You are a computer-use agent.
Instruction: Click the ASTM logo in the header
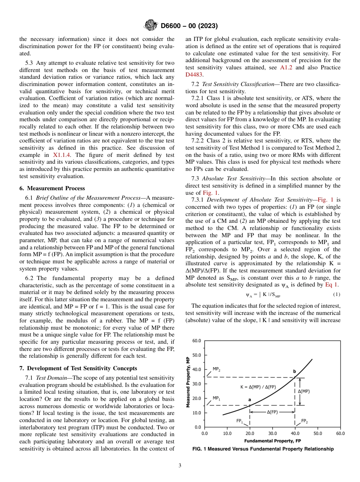151,26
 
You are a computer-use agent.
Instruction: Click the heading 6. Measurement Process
52,188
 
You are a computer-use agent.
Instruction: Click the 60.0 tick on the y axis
197,341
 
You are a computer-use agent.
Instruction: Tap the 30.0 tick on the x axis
272,433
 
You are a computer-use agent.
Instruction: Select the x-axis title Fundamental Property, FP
272,441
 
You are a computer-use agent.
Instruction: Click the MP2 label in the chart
216,369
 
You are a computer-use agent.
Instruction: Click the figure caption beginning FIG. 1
263,449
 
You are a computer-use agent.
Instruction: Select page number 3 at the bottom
180,465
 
